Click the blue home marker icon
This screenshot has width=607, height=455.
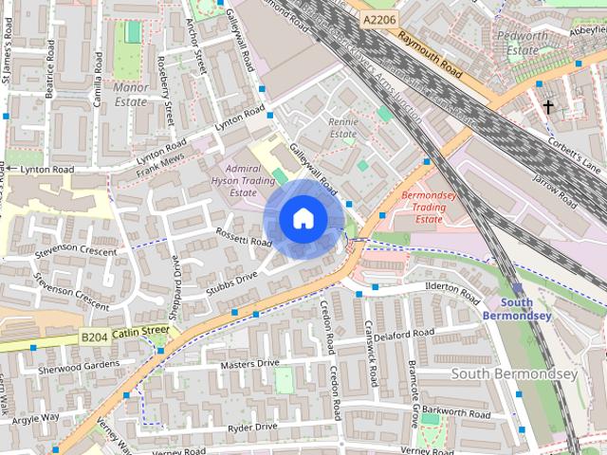point(303,219)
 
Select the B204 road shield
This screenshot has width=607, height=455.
point(94,336)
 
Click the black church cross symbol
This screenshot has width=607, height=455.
point(548,107)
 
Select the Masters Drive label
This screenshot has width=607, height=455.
point(249,363)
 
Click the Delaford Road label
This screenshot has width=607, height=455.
point(403,334)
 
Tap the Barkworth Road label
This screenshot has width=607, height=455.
point(455,412)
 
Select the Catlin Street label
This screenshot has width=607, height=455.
point(140,332)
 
